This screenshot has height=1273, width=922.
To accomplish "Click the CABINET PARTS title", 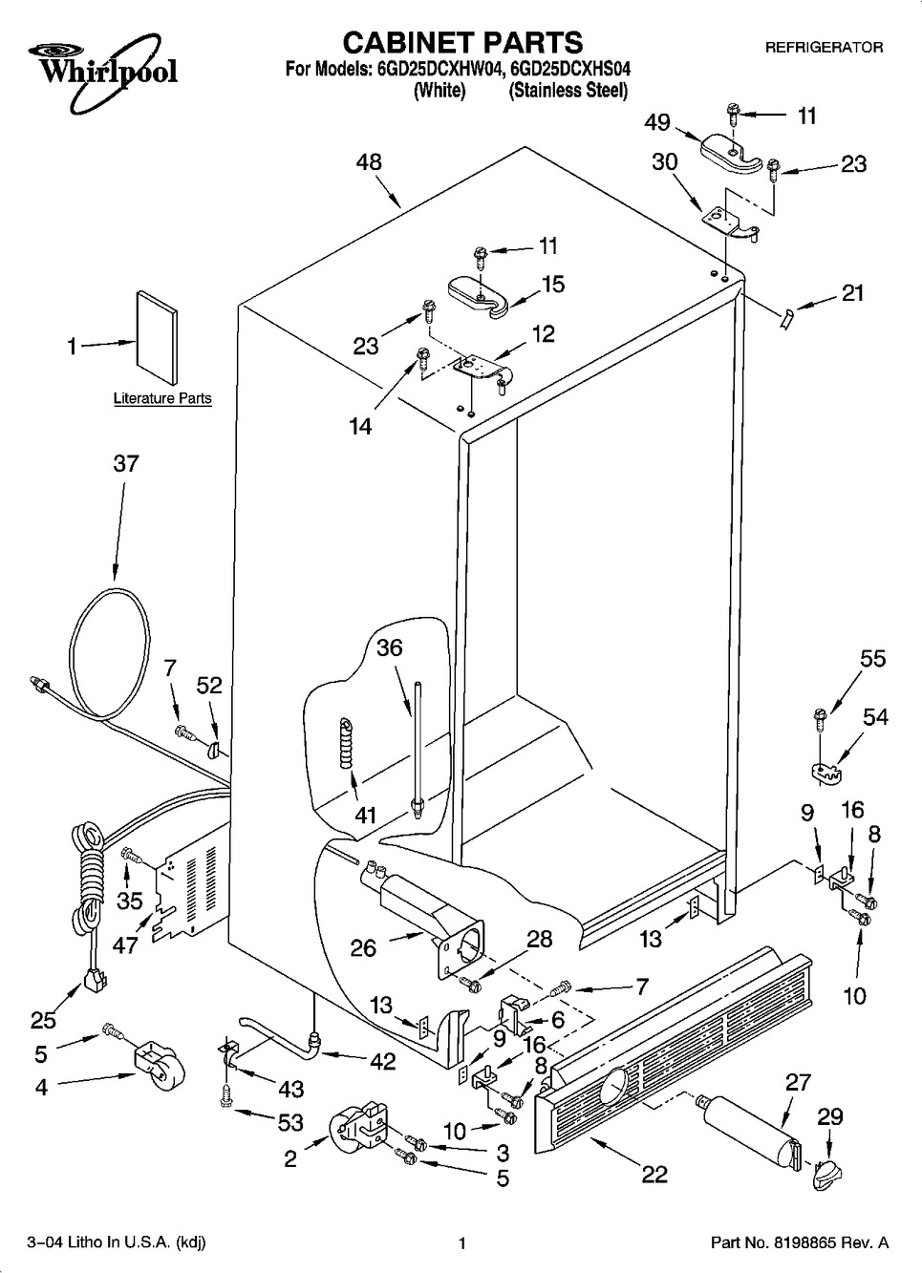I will (461, 42).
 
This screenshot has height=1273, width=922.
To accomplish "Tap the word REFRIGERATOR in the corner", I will (824, 47).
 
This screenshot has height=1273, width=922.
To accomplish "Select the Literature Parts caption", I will (162, 398).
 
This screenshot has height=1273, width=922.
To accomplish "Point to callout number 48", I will (369, 162).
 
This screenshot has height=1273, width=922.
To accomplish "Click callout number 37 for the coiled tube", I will (126, 464).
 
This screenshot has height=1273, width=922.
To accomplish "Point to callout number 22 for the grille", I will (654, 1175).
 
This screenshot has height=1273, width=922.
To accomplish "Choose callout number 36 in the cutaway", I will (389, 647).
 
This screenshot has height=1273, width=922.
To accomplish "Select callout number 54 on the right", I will (875, 716).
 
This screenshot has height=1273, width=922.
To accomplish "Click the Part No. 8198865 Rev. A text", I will (800, 1242).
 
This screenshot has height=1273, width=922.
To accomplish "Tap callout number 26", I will (363, 948).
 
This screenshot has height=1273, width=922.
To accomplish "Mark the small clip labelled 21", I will (786, 317).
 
